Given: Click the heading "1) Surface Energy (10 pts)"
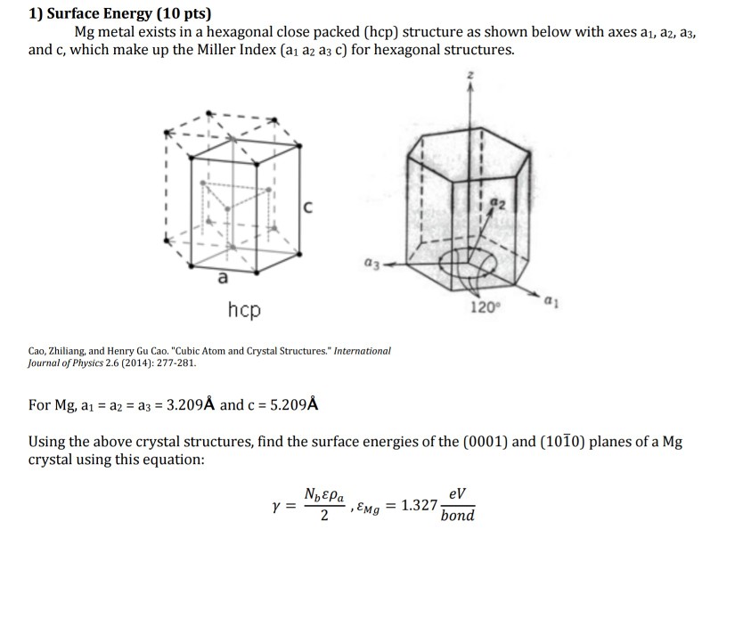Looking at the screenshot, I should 120,13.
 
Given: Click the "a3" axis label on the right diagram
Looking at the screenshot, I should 371,263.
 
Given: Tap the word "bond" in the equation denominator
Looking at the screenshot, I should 457,517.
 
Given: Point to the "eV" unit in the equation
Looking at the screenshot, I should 457,493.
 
